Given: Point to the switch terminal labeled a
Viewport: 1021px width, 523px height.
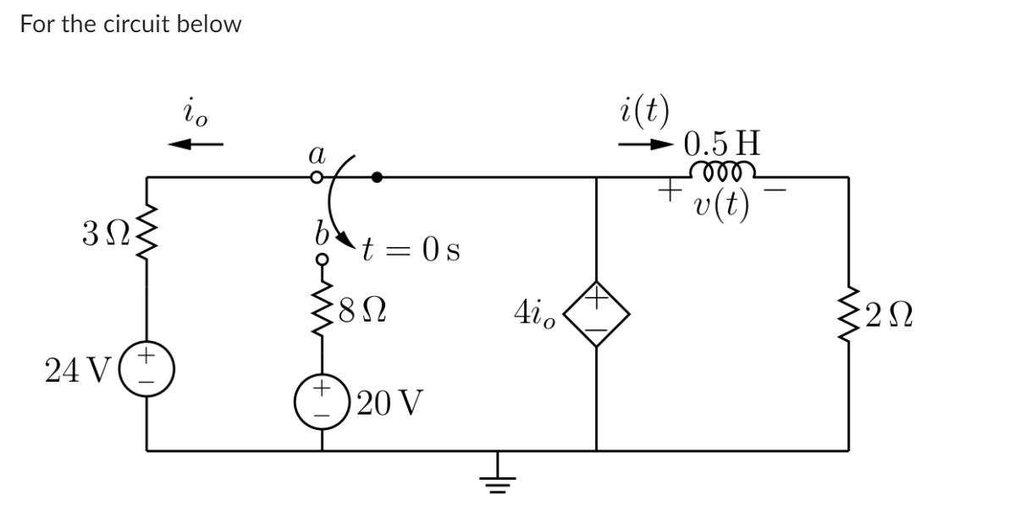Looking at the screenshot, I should pyautogui.click(x=317, y=178).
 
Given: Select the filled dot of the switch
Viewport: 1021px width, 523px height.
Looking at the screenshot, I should pyautogui.click(x=377, y=178).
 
